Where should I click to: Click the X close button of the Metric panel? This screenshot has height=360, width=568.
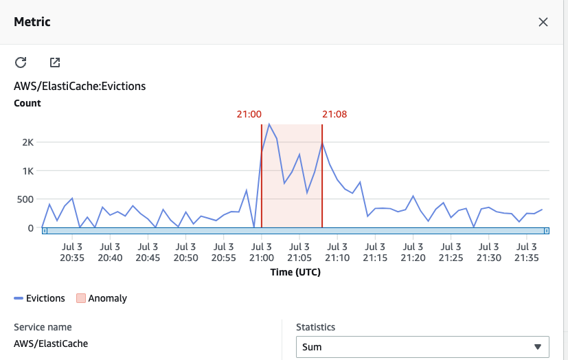point(543,22)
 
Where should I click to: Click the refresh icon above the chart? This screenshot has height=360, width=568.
point(21,63)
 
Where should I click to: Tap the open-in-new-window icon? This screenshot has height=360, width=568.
point(55,63)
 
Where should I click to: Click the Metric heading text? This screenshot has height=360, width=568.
point(32,22)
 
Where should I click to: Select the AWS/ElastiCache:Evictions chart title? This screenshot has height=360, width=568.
point(80,87)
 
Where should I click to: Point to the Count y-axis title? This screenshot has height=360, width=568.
point(27,103)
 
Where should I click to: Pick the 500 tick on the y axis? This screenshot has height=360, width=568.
point(24,199)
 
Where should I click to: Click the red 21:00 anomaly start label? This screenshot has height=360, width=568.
point(249,114)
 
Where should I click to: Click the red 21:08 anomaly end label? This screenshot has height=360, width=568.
point(334,114)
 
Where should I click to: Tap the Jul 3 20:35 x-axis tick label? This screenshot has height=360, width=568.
point(72,252)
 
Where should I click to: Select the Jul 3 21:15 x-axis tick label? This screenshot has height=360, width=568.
point(374,252)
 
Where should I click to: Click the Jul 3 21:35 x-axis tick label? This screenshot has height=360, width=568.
point(526,252)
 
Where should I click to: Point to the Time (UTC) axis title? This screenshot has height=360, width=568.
point(295,272)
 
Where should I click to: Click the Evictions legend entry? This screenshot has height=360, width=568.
point(39,298)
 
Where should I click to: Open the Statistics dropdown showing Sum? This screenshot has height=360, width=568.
point(422,347)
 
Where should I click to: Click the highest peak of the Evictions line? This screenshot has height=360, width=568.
point(269,124)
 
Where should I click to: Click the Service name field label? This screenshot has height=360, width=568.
point(43,328)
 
